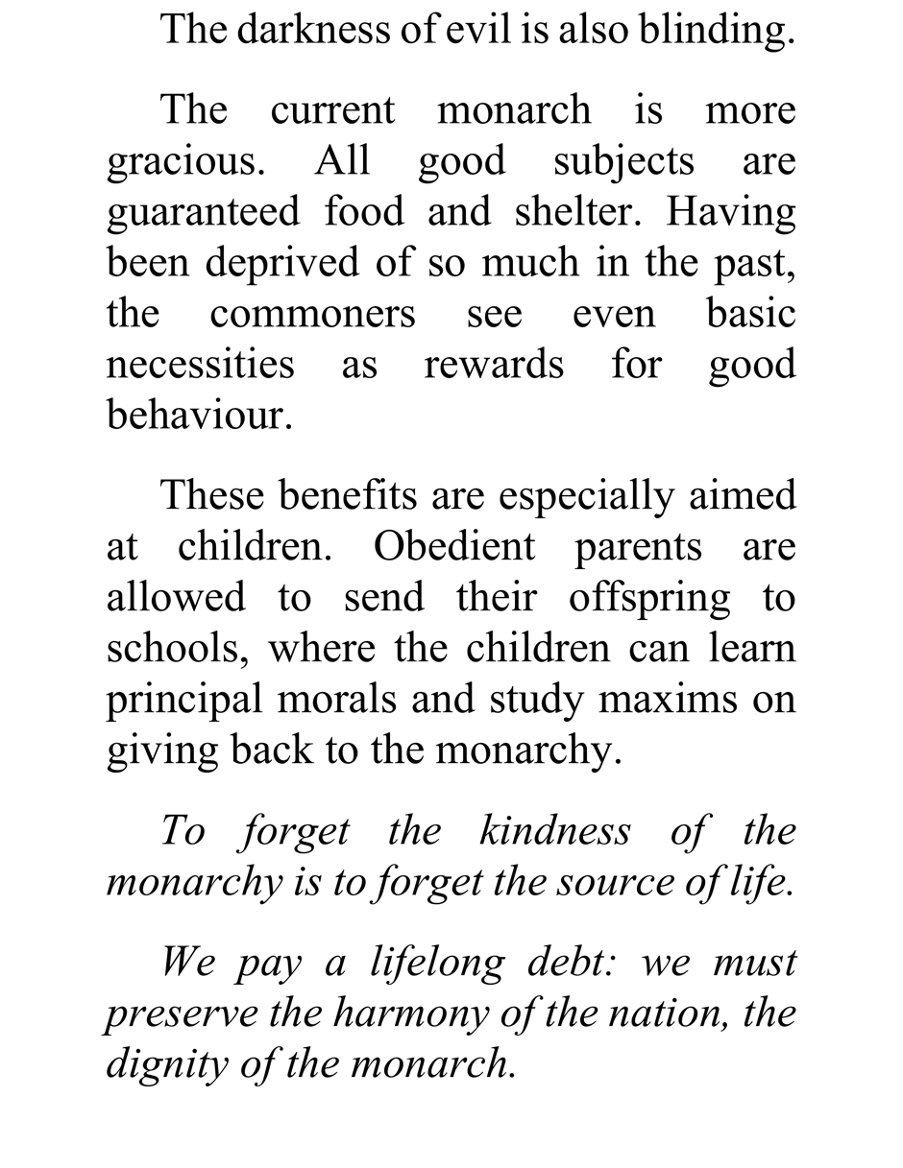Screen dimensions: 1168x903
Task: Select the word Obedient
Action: click(453, 547)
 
